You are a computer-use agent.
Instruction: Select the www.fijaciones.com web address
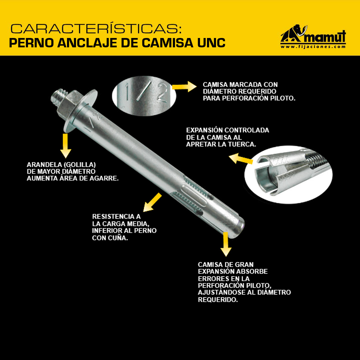point(313,47)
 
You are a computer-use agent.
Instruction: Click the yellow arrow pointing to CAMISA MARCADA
point(184,87)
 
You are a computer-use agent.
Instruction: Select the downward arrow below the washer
point(66,146)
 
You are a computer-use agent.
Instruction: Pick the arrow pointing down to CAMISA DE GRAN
point(226,244)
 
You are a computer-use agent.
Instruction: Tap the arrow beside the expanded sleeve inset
point(241,159)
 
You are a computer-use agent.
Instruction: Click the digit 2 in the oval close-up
point(162,93)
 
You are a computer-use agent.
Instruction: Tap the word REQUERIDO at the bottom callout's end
point(218,300)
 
